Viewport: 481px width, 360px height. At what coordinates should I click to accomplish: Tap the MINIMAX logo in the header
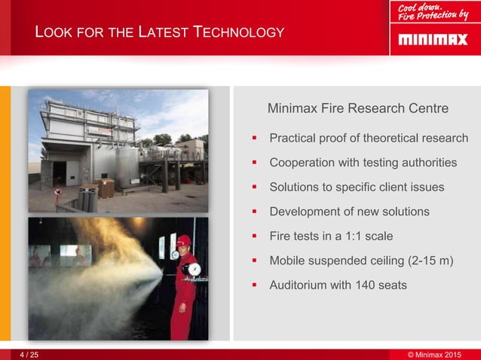[433, 38]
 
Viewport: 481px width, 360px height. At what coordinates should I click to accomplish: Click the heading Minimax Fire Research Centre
[358, 108]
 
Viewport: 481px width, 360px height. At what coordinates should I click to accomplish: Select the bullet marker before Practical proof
[255, 139]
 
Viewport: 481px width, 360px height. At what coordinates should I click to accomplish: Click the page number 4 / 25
[30, 354]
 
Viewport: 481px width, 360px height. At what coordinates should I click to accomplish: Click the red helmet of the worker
[183, 240]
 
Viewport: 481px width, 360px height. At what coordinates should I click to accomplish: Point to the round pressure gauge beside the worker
[195, 269]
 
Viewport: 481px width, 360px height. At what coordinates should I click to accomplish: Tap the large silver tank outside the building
[126, 166]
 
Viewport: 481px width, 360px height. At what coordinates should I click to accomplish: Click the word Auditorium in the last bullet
[299, 285]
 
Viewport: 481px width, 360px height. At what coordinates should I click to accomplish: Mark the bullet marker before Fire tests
[255, 236]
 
